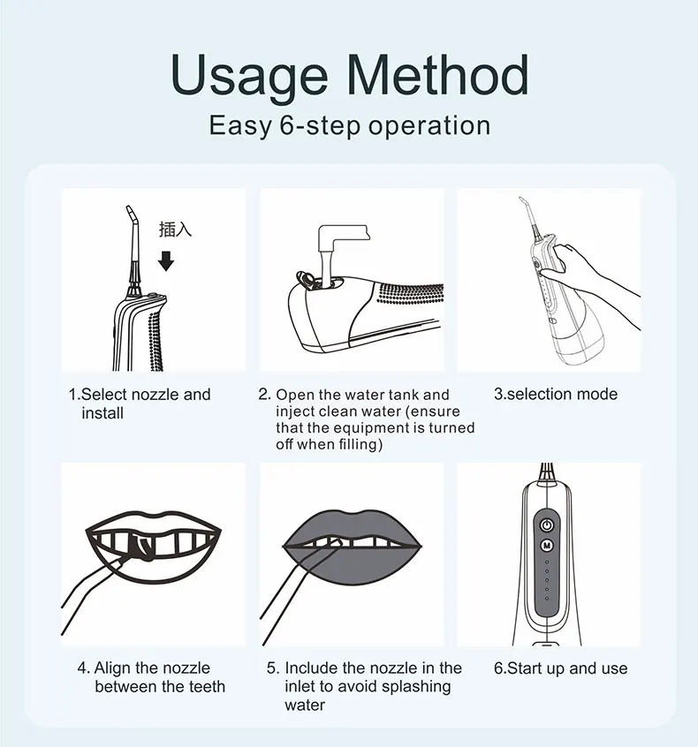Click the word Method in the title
438,74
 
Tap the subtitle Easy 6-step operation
350,125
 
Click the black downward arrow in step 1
166,261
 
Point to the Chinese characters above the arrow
175,230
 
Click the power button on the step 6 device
547,525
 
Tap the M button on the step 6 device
547,546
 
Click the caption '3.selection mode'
556,394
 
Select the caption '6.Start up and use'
561,668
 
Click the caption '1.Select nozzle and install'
140,404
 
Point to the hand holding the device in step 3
590,281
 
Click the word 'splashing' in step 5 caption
417,686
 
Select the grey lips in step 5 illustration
353,547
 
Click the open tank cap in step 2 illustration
306,280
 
